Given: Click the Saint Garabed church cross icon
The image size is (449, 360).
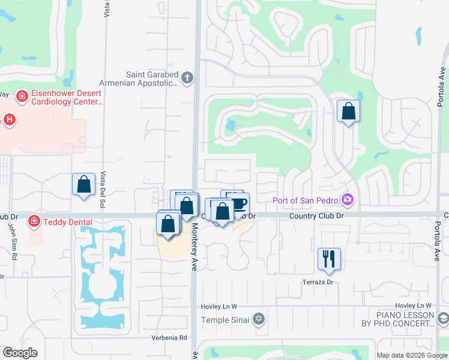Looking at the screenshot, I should click(x=187, y=77).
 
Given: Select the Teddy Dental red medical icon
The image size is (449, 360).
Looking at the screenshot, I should click(x=34, y=222).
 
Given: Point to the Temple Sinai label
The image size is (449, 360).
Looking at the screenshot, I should click(x=224, y=319).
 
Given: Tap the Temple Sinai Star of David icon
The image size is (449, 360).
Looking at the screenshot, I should click(x=258, y=319).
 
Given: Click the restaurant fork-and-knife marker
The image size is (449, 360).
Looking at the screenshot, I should click(x=329, y=259).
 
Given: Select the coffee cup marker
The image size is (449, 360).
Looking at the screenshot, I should click(x=238, y=203).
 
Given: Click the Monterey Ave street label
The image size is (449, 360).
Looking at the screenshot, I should click(x=194, y=247).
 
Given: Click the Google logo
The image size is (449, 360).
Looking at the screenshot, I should click(x=19, y=353).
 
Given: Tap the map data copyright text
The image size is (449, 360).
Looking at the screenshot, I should click(x=412, y=355).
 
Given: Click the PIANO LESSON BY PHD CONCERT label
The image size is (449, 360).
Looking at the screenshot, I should click(x=405, y=319).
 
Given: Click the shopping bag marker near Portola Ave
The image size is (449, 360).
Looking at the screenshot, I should click(x=348, y=112).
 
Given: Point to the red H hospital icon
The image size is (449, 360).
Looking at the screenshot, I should click(x=9, y=119).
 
